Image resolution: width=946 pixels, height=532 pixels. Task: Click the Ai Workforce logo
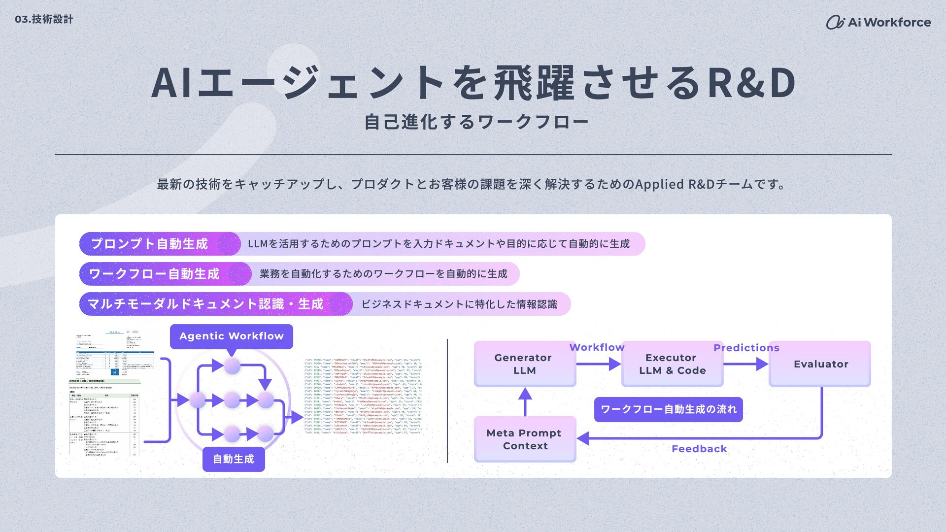pos(878,22)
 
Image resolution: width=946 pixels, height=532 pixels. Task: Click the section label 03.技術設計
pos(44,19)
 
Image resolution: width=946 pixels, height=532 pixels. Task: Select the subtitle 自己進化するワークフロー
pos(476,122)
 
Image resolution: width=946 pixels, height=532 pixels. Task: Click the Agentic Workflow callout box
pos(231,336)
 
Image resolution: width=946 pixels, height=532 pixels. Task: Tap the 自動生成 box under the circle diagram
pos(233,459)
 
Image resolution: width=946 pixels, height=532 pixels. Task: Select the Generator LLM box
pos(524,364)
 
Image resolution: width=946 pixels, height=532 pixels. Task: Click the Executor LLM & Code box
pos(672,364)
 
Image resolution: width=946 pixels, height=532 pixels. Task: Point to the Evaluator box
pos(820,364)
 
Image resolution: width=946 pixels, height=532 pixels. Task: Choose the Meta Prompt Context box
pos(525,439)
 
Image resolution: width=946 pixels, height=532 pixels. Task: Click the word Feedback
pos(699,449)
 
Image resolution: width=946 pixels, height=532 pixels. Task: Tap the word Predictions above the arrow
pos(746,348)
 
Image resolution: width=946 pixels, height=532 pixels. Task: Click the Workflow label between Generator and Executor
pos(597,347)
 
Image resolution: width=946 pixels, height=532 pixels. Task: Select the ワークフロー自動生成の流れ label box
pos(668,409)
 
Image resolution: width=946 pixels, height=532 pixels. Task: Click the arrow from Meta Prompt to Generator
pos(525,401)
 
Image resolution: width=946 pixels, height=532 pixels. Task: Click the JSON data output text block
pos(363,396)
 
